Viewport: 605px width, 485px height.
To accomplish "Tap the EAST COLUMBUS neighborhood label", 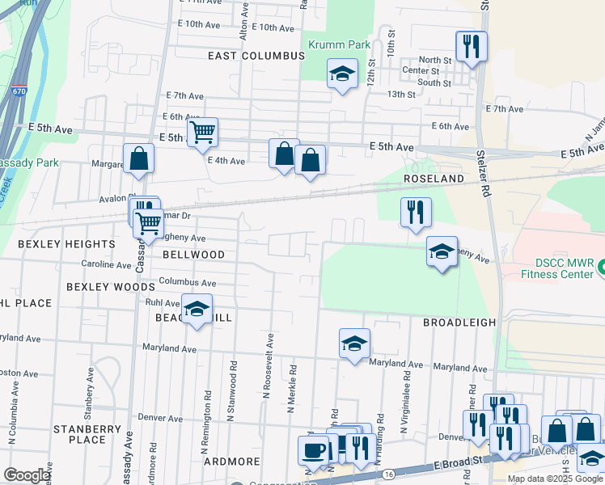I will pos(256,56).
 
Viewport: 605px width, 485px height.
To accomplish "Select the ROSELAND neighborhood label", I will pos(434,179).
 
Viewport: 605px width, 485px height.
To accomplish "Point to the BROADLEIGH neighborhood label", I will pos(459,322).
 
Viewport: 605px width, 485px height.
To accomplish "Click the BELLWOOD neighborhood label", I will pos(193,255).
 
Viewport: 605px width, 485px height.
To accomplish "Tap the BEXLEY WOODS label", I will pos(111,287).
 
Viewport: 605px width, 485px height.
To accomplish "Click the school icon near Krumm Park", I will pos(342,74).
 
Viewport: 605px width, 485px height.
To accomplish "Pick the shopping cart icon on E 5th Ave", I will pos(202,132).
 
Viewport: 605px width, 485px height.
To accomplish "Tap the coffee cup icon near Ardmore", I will pos(313,449).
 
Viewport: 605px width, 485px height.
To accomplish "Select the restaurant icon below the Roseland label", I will pos(416,213).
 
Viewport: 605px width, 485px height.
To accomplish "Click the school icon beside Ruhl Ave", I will pos(196,309).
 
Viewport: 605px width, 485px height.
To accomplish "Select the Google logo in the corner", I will pos(27,475).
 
